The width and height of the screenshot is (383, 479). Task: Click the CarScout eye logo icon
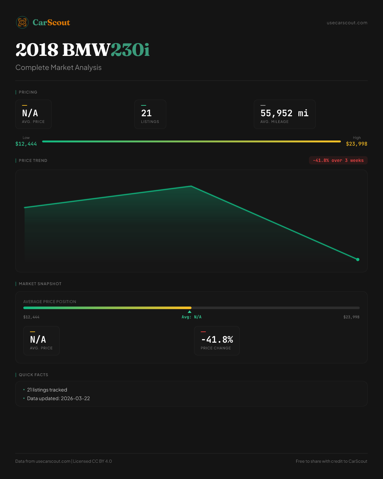point(22,22)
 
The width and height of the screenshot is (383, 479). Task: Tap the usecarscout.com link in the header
point(347,23)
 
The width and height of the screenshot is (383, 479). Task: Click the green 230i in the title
point(130,50)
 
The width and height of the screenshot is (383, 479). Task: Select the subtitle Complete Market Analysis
point(58,67)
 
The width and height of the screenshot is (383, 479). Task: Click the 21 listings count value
point(146,113)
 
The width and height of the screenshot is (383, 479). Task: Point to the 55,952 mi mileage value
point(284,113)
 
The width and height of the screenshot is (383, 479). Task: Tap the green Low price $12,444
point(26,144)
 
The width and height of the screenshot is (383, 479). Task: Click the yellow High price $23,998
point(357,144)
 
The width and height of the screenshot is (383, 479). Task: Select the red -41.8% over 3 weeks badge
point(338,160)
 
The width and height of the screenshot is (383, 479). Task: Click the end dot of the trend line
point(357,259)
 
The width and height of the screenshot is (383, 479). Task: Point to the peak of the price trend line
point(191,186)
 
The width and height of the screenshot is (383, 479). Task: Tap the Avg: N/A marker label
point(191,317)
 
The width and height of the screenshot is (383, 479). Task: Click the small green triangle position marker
point(190,312)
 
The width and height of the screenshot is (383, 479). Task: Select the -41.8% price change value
point(217,339)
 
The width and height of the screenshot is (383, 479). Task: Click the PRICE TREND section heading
point(33,161)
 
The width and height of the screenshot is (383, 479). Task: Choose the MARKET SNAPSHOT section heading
point(40,284)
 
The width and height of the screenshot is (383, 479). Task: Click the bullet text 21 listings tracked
point(47,390)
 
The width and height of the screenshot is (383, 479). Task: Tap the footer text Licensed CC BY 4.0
point(93,461)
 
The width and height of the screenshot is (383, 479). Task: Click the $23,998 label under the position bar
point(351,317)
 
